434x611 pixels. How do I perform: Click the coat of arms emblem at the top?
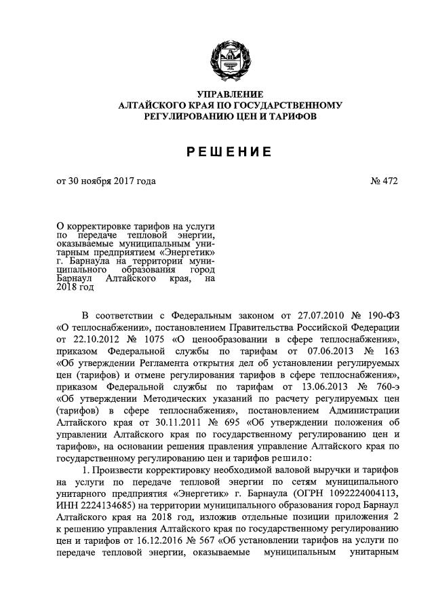coord(230,59)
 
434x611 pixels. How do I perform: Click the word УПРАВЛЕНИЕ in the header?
coord(230,94)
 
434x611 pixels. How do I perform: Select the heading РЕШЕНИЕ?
coord(230,151)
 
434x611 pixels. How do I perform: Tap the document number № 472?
coord(384,181)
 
